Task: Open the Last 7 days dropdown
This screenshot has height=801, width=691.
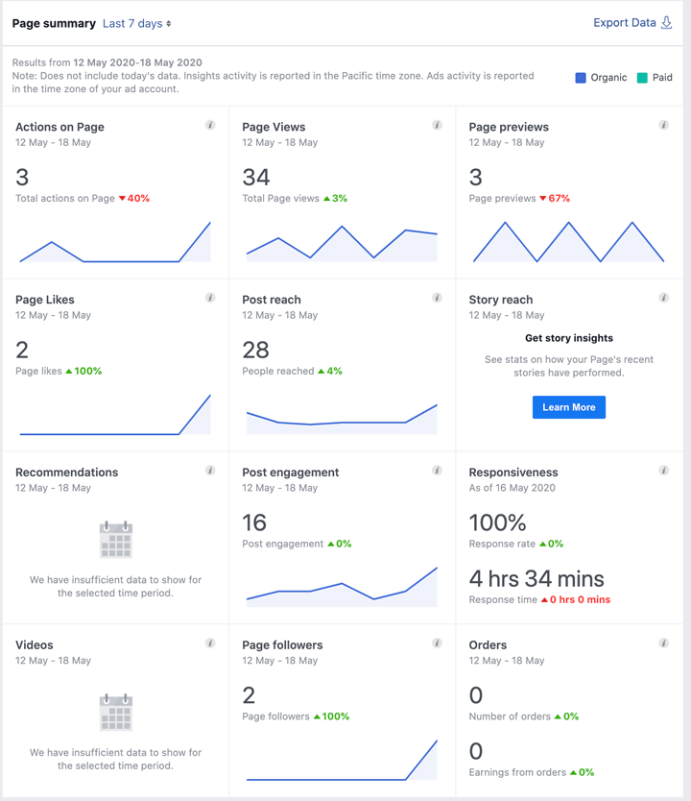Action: point(136,23)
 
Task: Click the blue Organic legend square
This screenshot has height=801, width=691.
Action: point(581,78)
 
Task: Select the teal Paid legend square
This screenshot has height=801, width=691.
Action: point(642,78)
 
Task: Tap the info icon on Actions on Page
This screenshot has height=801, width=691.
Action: point(210,125)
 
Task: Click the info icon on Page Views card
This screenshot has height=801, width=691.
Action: point(437,125)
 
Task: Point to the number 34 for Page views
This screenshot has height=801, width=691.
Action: point(256,177)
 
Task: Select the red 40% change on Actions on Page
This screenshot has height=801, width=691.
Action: point(134,199)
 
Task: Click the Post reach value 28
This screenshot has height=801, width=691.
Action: point(256,350)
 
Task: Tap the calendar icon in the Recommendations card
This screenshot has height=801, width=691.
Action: point(116,540)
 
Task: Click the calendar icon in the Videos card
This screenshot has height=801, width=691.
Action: point(116,713)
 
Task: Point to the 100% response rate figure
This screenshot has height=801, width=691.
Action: point(497,522)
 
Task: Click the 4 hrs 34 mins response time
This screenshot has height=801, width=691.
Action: point(536,578)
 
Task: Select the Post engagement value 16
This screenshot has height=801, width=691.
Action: point(254,522)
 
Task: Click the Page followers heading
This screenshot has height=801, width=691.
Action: point(282,645)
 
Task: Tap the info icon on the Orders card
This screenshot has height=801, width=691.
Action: point(663,643)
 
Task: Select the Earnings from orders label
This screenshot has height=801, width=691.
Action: point(517,772)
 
